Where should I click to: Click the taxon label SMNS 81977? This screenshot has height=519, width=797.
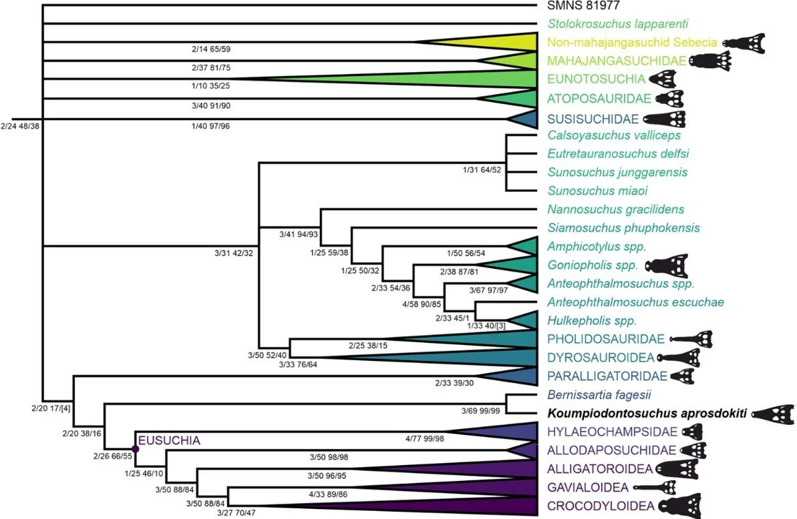(x=584, y=7)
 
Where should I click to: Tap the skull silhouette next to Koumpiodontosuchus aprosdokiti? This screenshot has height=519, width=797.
(x=773, y=413)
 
